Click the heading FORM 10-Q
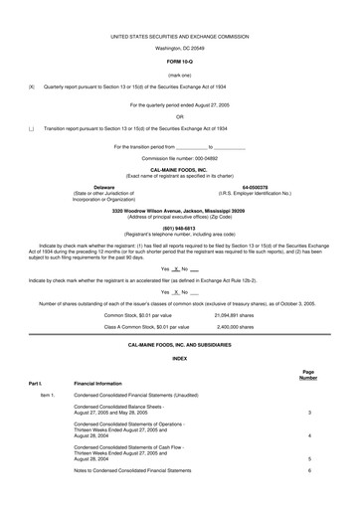pos(179,61)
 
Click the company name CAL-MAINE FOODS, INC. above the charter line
pos(179,170)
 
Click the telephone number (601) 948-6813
pos(179,225)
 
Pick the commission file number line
pos(179,158)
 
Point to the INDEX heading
pos(179,330)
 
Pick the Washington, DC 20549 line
pos(179,47)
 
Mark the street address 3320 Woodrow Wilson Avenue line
pos(179,212)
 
